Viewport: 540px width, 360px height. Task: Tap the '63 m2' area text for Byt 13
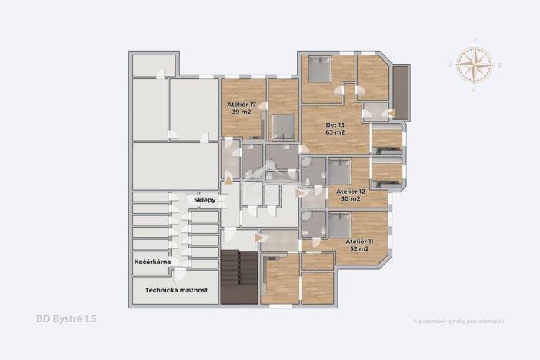(335, 132)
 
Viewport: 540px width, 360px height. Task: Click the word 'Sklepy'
(204, 199)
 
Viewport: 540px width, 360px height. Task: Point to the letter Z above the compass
(475, 38)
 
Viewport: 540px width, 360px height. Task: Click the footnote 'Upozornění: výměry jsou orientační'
(463, 321)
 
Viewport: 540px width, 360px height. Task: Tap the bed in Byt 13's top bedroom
(319, 70)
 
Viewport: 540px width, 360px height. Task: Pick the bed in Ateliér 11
(338, 224)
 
